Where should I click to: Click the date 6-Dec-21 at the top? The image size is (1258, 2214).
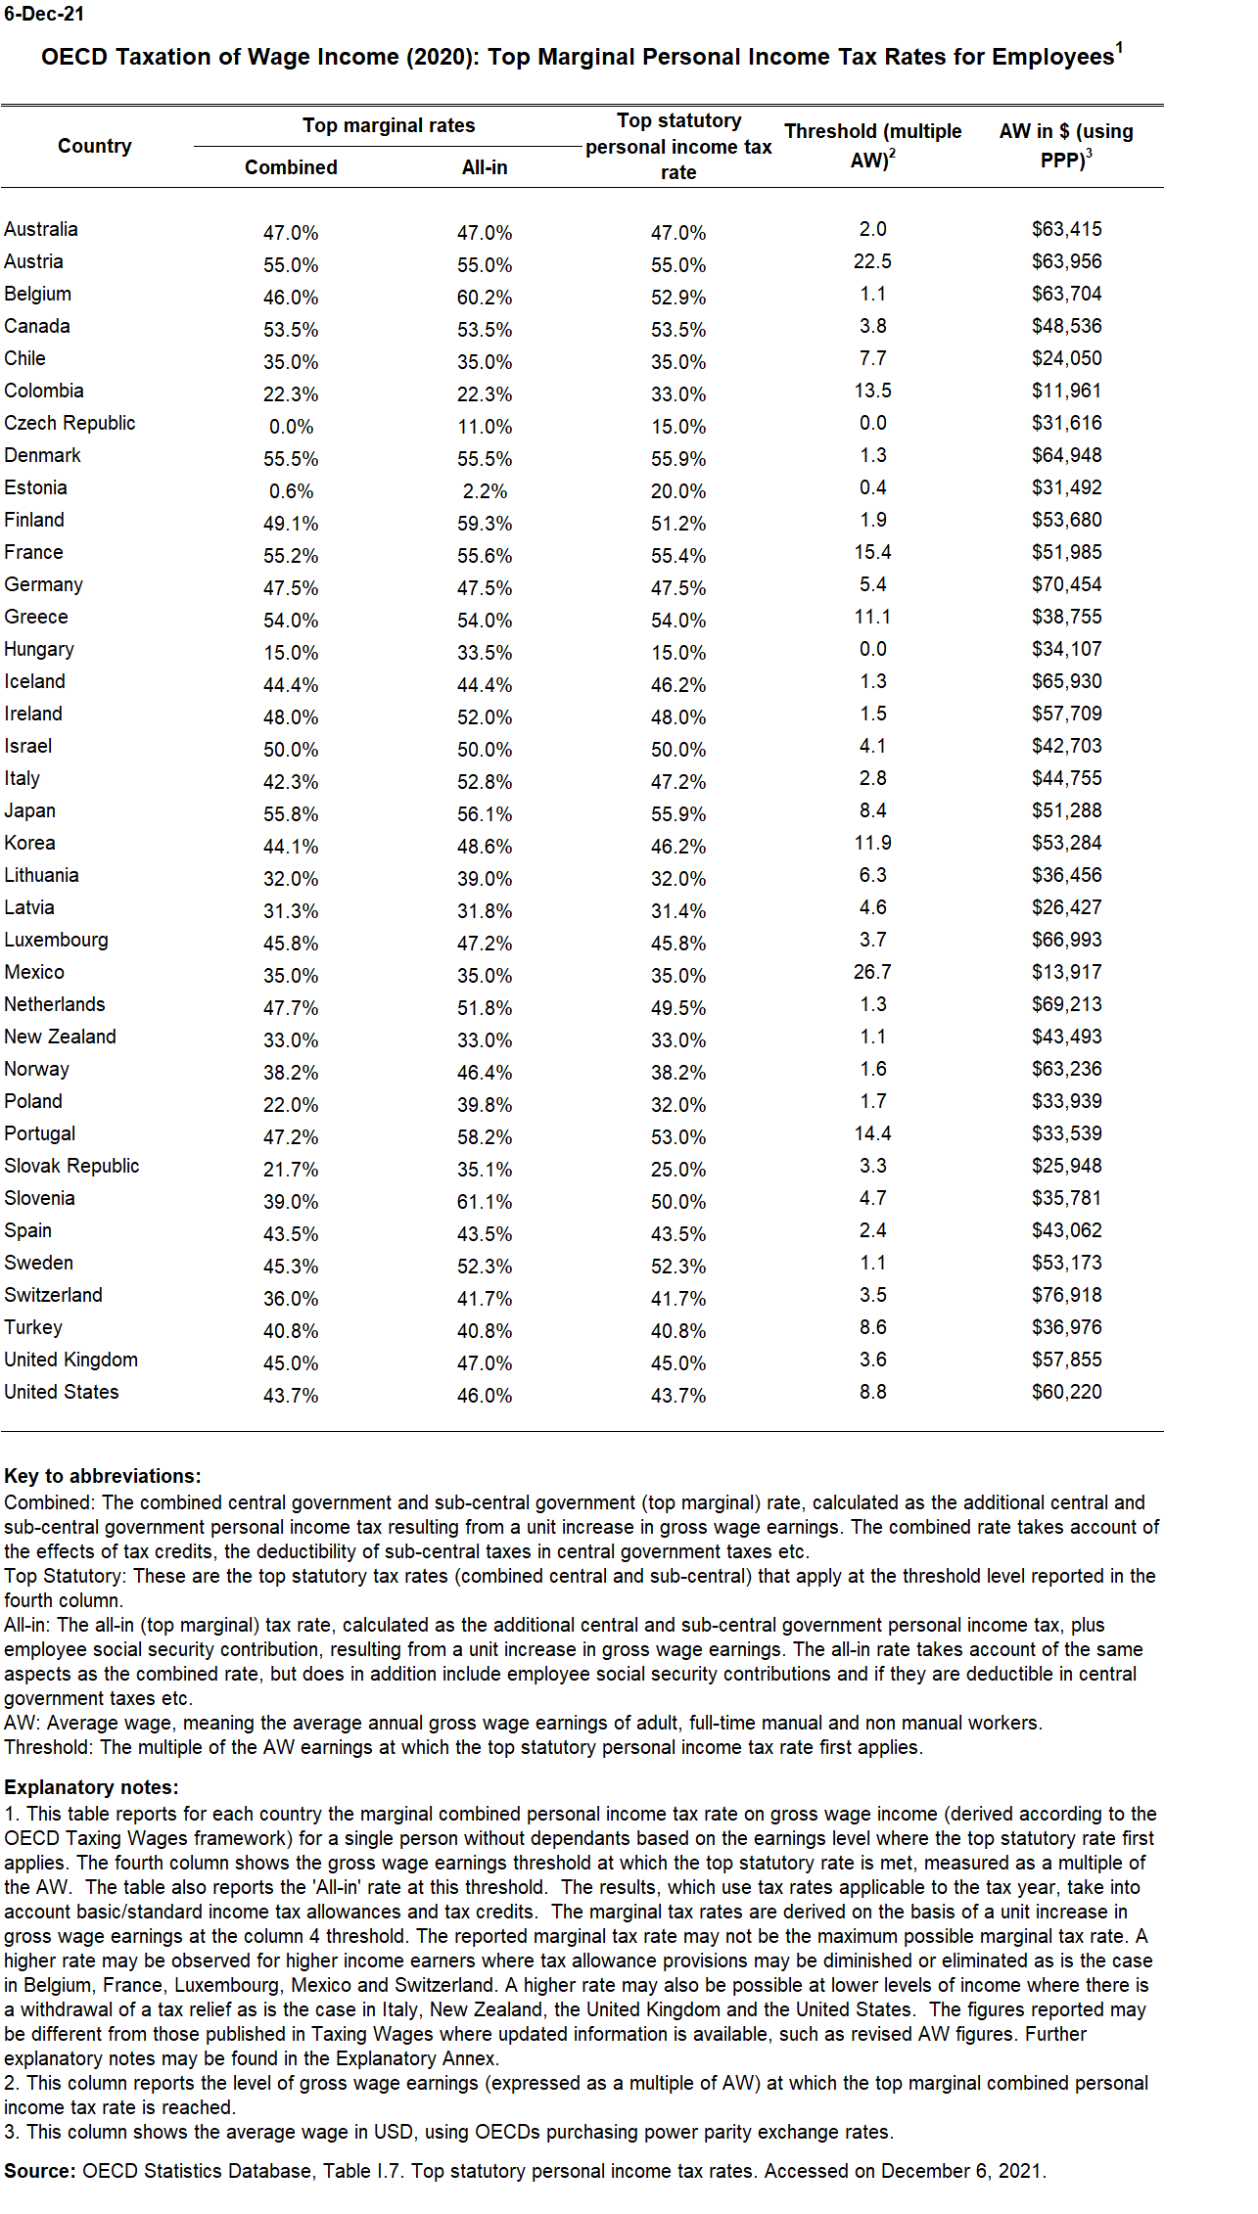pyautogui.click(x=44, y=15)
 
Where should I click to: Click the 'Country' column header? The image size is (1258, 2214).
pyautogui.click(x=94, y=146)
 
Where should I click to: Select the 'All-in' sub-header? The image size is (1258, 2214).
pyautogui.click(x=485, y=167)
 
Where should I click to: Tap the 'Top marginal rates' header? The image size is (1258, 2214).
pyautogui.click(x=389, y=125)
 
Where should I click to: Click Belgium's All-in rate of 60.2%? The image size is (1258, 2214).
pyautogui.click(x=485, y=298)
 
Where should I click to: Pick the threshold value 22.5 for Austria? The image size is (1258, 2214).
pyautogui.click(x=872, y=261)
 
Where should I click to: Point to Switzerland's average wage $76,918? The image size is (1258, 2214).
pyautogui.click(x=1066, y=1295)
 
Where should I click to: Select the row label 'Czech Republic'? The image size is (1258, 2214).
pyautogui.click(x=70, y=423)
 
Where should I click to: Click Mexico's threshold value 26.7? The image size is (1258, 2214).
pyautogui.click(x=872, y=972)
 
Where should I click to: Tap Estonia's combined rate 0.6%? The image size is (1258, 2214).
pyautogui.click(x=291, y=491)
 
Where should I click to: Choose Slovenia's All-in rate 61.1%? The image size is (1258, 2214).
pyautogui.click(x=485, y=1202)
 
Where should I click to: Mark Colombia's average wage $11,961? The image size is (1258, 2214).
pyautogui.click(x=1066, y=391)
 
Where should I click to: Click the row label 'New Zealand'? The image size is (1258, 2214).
pyautogui.click(x=60, y=1037)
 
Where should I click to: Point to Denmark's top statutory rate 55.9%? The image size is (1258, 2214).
pyautogui.click(x=678, y=459)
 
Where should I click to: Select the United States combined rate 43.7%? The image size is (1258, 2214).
pyautogui.click(x=291, y=1396)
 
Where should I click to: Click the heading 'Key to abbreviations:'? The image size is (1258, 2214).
pyautogui.click(x=103, y=1476)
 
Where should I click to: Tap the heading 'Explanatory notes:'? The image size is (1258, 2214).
pyautogui.click(x=92, y=1787)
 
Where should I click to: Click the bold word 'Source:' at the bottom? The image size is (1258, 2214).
pyautogui.click(x=40, y=2171)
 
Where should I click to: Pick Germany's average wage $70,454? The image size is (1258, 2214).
pyautogui.click(x=1066, y=584)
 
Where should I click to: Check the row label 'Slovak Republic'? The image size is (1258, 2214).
pyautogui.click(x=71, y=1166)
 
